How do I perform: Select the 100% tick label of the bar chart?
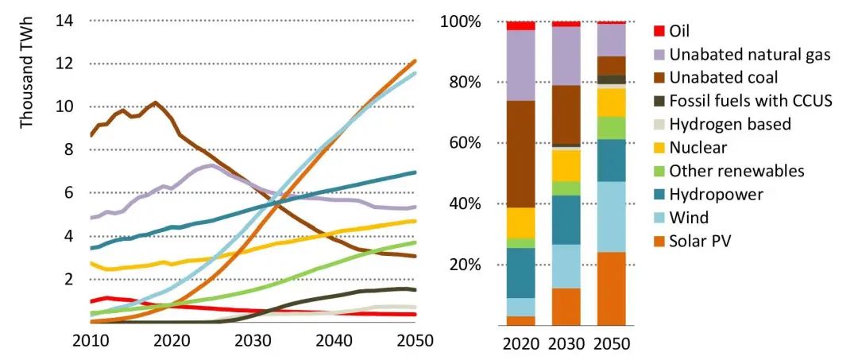pos(462,21)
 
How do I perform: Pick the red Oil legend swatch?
pos(659,31)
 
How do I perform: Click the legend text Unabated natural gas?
pos(750,55)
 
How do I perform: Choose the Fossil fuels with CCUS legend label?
pos(751,101)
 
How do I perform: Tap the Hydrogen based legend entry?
pos(730,125)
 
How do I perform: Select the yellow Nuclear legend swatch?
pos(659,148)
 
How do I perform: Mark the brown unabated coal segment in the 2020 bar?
pos(521,154)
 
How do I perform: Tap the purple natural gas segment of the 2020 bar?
pos(521,65)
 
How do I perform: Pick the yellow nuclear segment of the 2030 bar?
pos(566,165)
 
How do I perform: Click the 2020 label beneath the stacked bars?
pos(521,344)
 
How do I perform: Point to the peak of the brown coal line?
pos(155,103)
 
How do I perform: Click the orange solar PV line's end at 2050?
pos(414,60)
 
